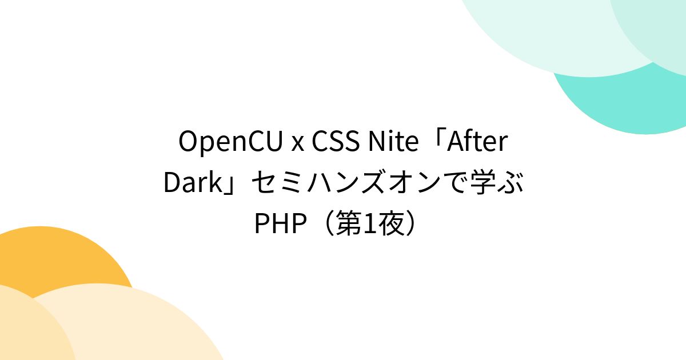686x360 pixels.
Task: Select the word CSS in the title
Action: click(x=334, y=142)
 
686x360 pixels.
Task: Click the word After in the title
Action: click(x=477, y=142)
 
